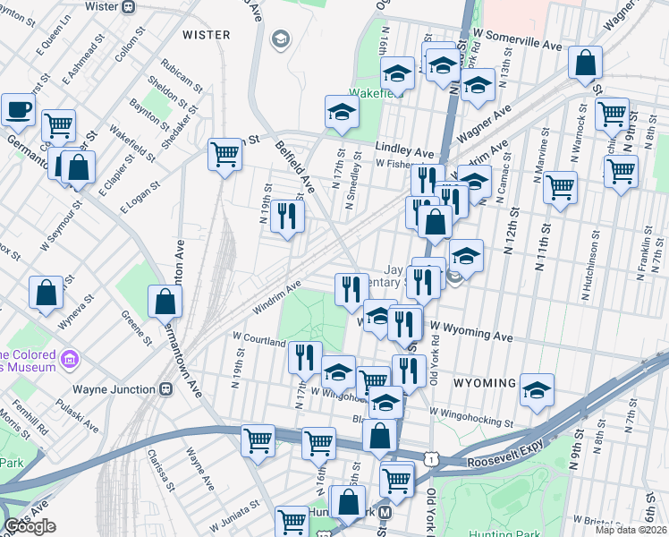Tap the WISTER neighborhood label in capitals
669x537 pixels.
click(x=207, y=35)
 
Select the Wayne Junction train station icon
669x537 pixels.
click(x=165, y=389)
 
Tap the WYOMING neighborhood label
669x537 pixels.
click(x=484, y=383)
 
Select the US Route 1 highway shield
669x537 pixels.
click(x=432, y=458)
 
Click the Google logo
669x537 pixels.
click(x=30, y=527)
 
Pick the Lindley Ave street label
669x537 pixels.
click(x=404, y=153)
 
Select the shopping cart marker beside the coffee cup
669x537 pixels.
click(x=59, y=126)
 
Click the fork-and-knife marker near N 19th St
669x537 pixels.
click(x=287, y=216)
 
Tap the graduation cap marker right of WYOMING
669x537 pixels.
click(x=537, y=389)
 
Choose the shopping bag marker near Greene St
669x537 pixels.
click(x=165, y=302)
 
